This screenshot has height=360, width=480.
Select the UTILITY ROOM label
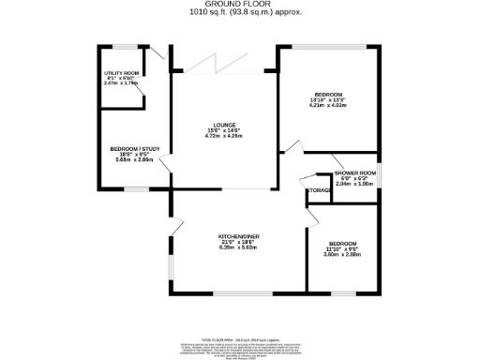tap(121, 73)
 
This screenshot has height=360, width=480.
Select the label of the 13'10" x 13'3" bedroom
tap(328, 95)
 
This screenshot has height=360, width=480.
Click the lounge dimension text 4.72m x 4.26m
tap(223, 137)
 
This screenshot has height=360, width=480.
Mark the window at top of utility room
tap(122, 45)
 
